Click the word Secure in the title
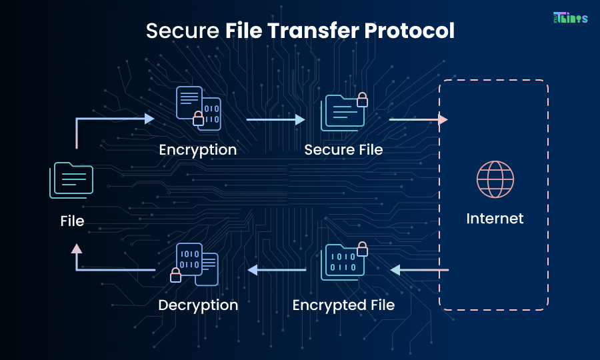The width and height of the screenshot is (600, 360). [181, 31]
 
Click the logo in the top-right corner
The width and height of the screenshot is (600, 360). [570, 18]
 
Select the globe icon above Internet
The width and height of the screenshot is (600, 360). [495, 179]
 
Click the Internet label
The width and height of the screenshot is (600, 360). [495, 219]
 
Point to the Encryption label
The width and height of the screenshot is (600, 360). [198, 149]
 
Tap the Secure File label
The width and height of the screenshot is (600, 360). [343, 149]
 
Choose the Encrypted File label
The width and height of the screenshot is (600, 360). [343, 305]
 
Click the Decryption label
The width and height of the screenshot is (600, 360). [198, 305]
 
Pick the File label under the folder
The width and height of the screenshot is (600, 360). [72, 221]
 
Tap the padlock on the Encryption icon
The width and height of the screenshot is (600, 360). [198, 119]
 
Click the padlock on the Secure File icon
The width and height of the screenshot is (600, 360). [362, 100]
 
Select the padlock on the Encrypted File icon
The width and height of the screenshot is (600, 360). [362, 249]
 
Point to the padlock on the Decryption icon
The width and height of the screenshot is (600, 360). [175, 274]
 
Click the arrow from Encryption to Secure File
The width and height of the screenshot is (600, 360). [275, 120]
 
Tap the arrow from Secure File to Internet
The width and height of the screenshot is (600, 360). [418, 120]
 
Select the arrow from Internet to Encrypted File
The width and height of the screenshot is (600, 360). [419, 270]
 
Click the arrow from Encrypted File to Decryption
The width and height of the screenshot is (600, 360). [277, 270]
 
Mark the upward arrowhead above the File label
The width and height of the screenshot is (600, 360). [77, 249]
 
